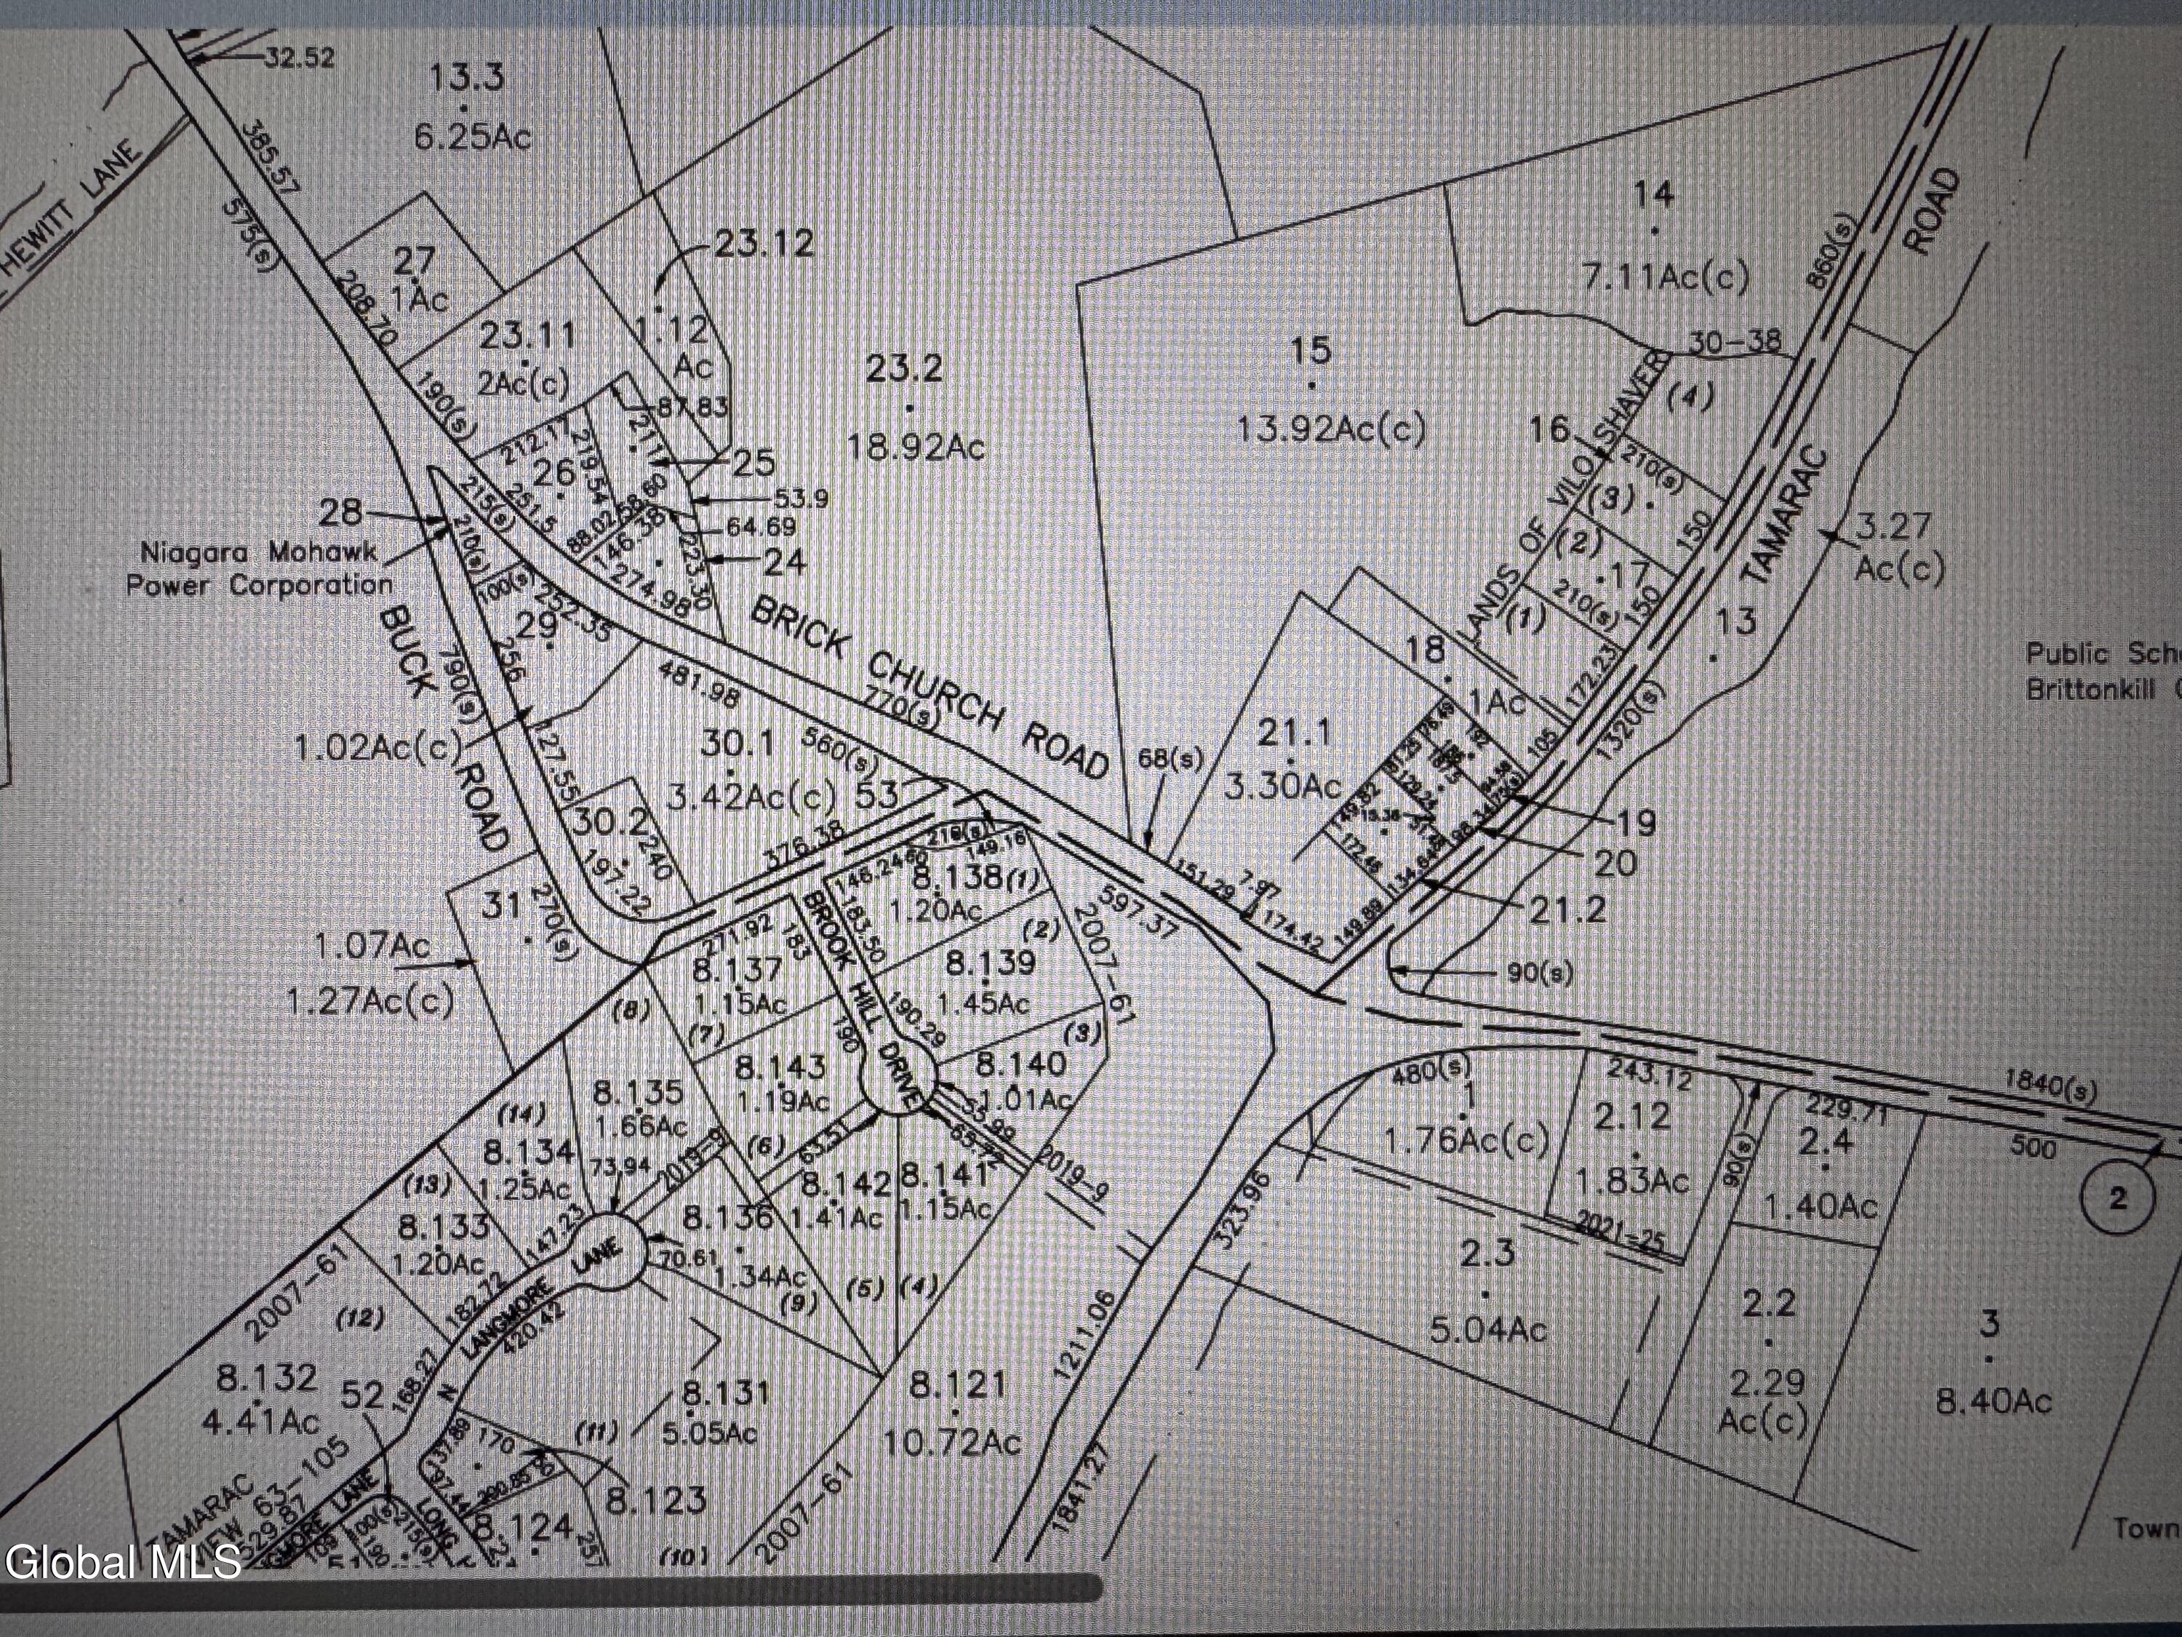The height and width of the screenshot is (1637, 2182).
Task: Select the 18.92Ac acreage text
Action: (x=916, y=447)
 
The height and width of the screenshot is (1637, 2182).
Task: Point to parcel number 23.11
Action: (x=528, y=335)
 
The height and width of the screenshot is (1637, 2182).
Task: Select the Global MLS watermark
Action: (x=122, y=1562)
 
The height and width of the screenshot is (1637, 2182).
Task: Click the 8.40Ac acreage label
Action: (x=1994, y=1401)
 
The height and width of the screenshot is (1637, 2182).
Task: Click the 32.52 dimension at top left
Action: (x=298, y=57)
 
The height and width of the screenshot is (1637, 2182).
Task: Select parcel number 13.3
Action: (x=468, y=76)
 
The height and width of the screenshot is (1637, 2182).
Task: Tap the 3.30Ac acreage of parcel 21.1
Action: (x=1282, y=786)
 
